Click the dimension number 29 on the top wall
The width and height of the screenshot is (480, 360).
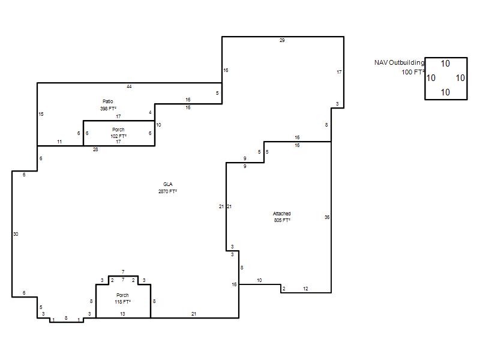(282, 40)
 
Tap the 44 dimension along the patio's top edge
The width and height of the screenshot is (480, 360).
(129, 86)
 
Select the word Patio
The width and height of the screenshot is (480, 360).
(108, 101)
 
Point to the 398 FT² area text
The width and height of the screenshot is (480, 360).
(109, 109)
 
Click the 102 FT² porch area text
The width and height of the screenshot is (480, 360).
(118, 136)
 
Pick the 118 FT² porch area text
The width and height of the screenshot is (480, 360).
(123, 302)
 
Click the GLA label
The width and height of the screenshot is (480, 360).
(168, 184)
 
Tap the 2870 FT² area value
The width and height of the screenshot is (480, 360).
(168, 191)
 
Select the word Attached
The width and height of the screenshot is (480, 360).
(281, 214)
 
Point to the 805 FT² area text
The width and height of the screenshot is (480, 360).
(282, 220)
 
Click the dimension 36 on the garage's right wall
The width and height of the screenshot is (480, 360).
(327, 217)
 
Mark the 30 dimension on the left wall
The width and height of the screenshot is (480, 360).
(16, 234)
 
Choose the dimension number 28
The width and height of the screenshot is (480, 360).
(95, 149)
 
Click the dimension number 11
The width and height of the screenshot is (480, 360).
(59, 142)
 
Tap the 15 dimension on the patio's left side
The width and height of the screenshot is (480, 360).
(41, 114)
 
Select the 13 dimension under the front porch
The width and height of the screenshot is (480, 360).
(122, 314)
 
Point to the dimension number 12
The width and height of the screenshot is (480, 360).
(305, 289)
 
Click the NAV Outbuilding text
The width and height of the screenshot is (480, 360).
(400, 63)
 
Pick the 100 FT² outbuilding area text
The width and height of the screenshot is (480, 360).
(413, 72)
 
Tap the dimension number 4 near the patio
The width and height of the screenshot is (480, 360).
(150, 112)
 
